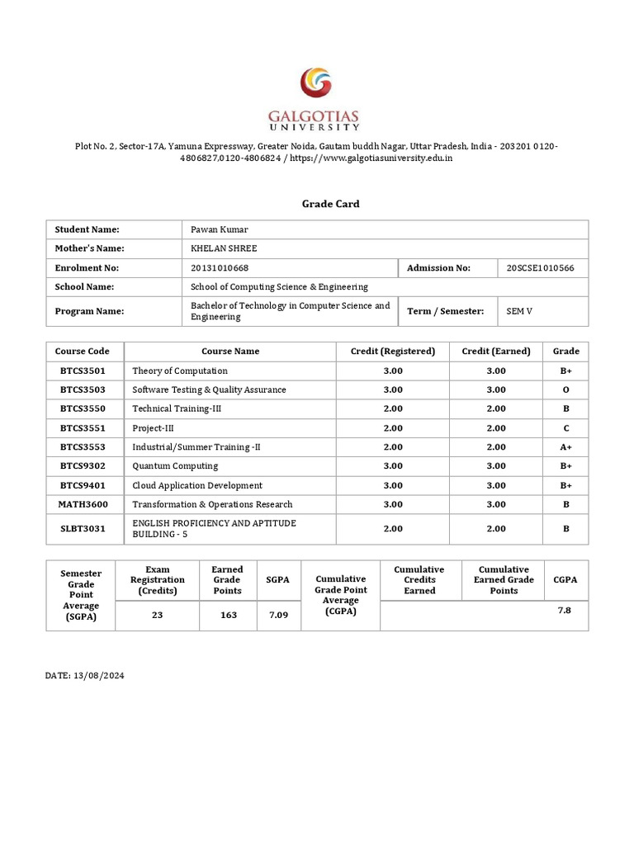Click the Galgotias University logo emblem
coord(317,86)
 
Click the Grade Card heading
coord(317,204)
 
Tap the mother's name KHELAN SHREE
coord(224,248)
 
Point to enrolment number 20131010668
coord(220,267)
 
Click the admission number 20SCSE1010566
coord(541,267)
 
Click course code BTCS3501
coord(83,371)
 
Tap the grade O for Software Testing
coord(565,389)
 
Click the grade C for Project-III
coord(565,428)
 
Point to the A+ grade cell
coord(565,447)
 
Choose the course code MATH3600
coord(83,504)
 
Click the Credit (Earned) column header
coord(496,351)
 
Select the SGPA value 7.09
coord(277,615)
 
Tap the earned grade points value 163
coord(227,615)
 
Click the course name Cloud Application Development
coord(197,485)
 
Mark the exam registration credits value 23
coord(157,615)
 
